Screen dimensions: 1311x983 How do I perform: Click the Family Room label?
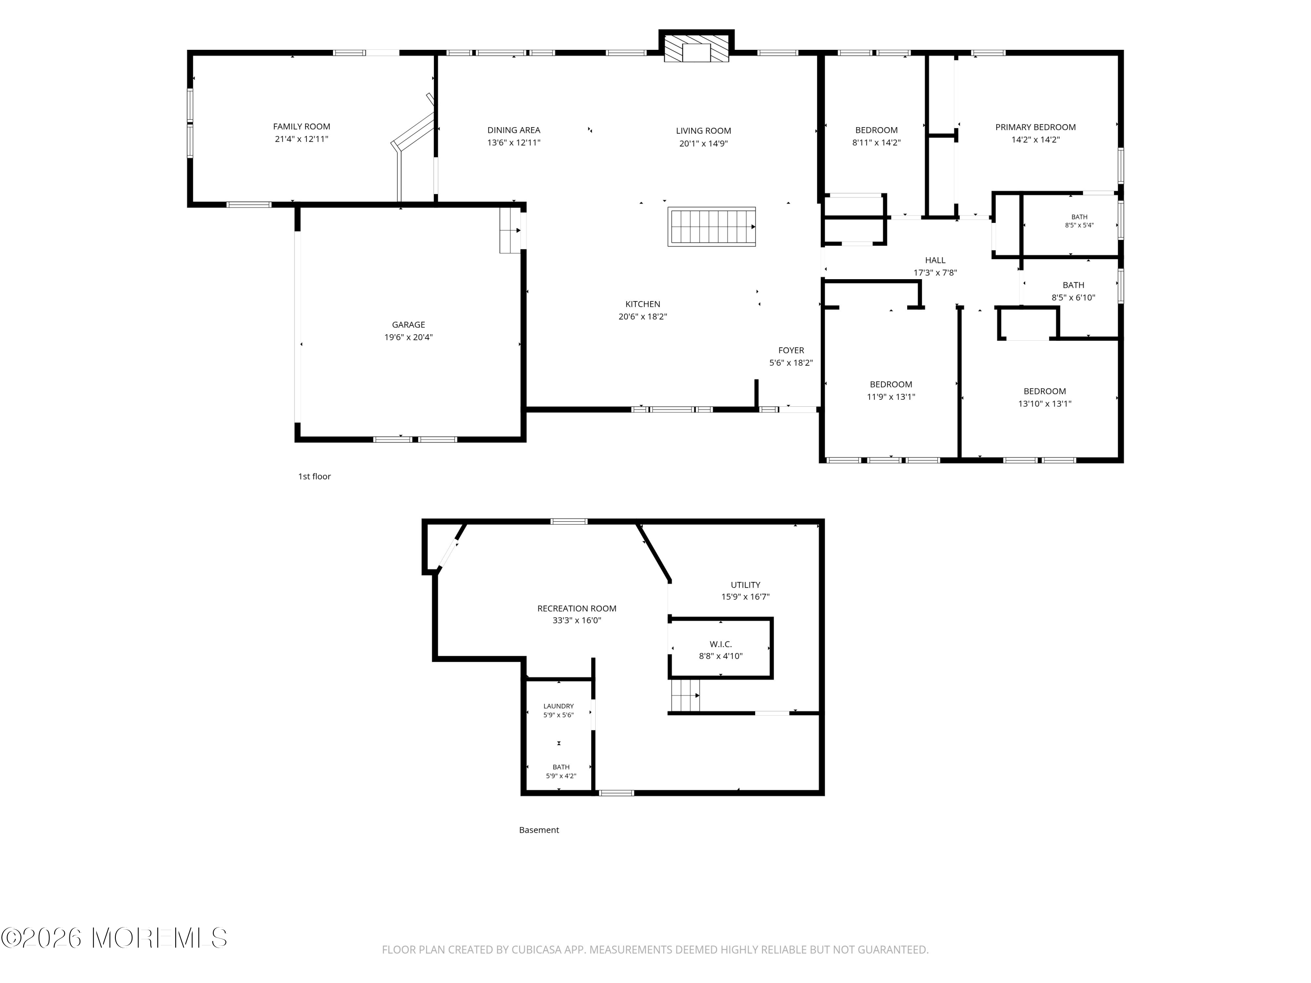302,126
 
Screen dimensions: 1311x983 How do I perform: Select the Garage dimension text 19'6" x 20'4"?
408,337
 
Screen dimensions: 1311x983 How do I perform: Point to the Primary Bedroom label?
1035,127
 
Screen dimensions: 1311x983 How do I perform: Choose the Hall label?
935,260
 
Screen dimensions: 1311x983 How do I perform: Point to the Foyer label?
791,350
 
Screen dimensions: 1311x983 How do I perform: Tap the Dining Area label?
514,130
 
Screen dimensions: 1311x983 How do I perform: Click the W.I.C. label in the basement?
721,644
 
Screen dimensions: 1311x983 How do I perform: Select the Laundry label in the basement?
558,706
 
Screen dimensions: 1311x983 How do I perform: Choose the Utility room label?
746,585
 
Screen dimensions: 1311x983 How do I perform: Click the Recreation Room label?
577,609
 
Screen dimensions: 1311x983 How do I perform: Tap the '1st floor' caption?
314,476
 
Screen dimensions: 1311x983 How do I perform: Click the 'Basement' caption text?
539,830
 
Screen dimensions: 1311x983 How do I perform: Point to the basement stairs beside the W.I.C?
685,696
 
